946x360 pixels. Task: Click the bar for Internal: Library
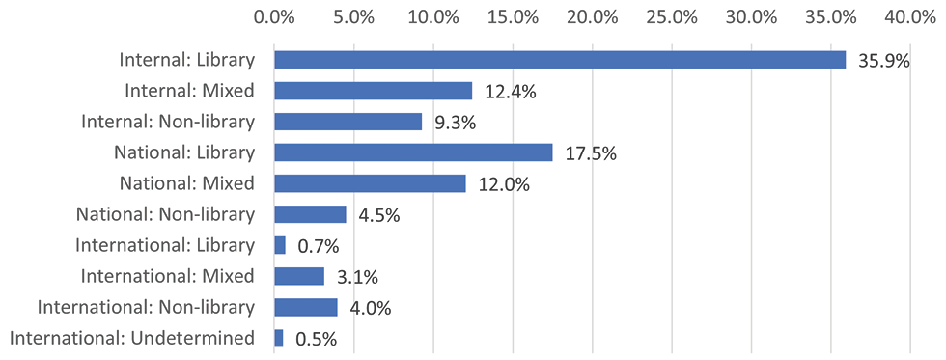pyautogui.click(x=560, y=60)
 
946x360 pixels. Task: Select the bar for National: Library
pyautogui.click(x=413, y=152)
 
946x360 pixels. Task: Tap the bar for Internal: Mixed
pyautogui.click(x=374, y=91)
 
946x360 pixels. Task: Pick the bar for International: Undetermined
pyautogui.click(x=279, y=338)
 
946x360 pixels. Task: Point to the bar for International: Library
pyautogui.click(x=280, y=245)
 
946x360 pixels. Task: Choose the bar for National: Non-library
pyautogui.click(x=310, y=214)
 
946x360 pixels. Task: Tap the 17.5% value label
pyautogui.click(x=590, y=153)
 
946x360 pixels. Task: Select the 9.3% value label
pyautogui.click(x=455, y=123)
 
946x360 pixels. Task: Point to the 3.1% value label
pyautogui.click(x=356, y=277)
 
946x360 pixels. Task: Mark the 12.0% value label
pyautogui.click(x=503, y=184)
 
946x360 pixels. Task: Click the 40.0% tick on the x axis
pyautogui.click(x=911, y=16)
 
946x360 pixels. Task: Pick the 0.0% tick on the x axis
pyautogui.click(x=274, y=16)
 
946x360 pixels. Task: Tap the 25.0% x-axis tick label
pyautogui.click(x=672, y=16)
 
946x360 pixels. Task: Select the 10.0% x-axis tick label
pyautogui.click(x=433, y=16)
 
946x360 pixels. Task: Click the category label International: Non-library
pyautogui.click(x=146, y=307)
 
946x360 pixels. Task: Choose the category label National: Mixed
pyautogui.click(x=186, y=183)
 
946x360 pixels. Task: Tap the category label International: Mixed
pyautogui.click(x=168, y=276)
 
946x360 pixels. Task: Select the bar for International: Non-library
pyautogui.click(x=306, y=307)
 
